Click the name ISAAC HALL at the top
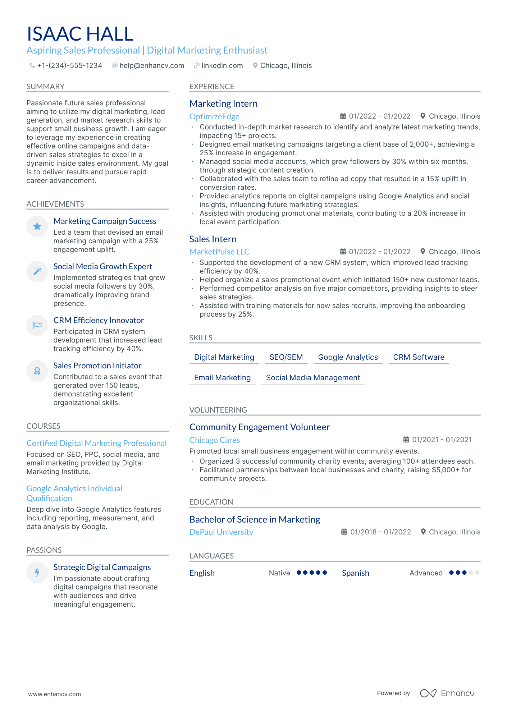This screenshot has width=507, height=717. tap(80, 34)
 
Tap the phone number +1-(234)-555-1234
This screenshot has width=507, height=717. tap(69, 66)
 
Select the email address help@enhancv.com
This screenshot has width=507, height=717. tap(151, 66)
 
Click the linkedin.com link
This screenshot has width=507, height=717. tap(222, 66)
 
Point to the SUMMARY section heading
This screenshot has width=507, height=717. tap(45, 87)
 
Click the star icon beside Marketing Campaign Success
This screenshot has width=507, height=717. tap(37, 226)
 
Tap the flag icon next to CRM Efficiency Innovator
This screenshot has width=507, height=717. tap(37, 326)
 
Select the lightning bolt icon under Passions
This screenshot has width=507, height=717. tap(37, 573)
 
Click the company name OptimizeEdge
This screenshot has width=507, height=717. tap(214, 116)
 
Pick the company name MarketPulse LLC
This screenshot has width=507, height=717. tap(219, 252)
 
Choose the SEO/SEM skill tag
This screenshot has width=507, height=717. tap(286, 357)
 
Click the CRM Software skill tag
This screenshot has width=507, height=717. tap(419, 357)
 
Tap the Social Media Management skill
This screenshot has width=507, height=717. tap(313, 378)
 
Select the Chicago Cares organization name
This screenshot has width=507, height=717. tap(215, 440)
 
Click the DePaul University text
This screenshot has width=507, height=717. tap(221, 532)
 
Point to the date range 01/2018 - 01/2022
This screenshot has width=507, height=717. tap(380, 532)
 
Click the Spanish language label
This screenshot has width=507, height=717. tap(355, 573)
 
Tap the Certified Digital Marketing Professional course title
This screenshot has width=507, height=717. tap(96, 443)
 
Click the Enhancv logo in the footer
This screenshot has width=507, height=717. tap(447, 693)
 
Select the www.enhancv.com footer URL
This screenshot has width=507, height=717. tap(55, 694)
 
